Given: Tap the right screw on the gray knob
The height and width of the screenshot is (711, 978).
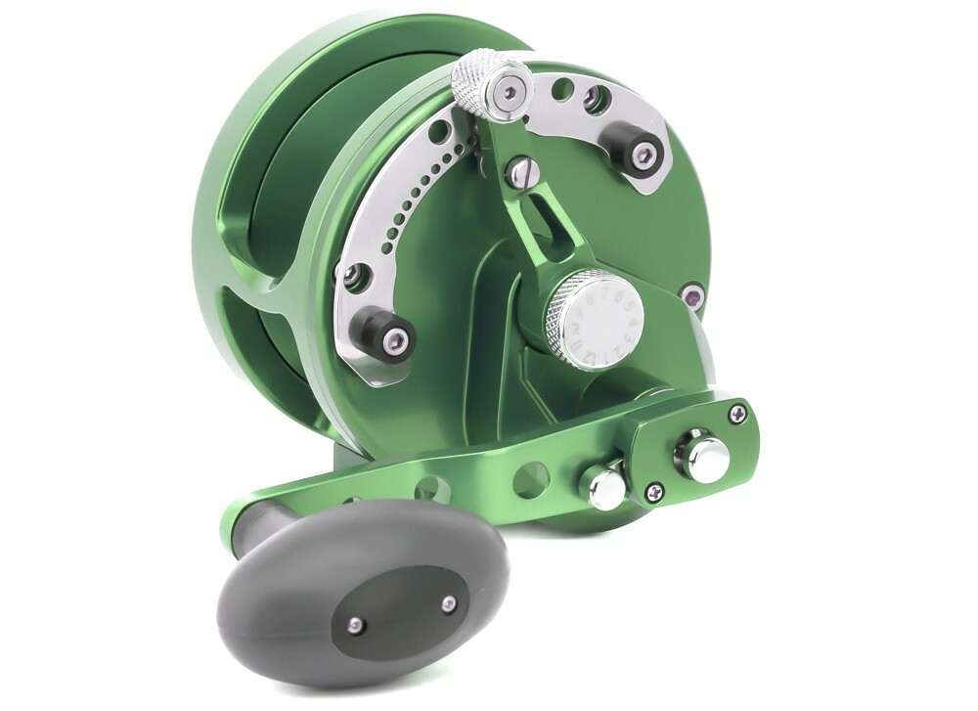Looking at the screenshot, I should tap(449, 604).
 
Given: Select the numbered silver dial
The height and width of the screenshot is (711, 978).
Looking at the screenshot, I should tap(595, 318).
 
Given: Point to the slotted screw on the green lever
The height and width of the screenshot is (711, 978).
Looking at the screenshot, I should tap(520, 173).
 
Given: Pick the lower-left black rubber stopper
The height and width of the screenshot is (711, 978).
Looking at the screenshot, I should tap(385, 337).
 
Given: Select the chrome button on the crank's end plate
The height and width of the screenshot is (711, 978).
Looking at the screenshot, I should tap(705, 457).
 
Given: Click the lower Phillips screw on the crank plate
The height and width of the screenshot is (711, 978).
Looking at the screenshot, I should tap(656, 494).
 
